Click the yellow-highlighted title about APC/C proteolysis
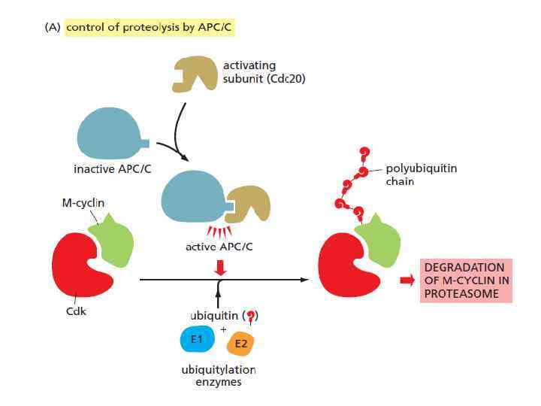153,28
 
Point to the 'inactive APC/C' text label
112,168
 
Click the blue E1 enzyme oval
198,340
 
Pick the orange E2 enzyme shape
241,344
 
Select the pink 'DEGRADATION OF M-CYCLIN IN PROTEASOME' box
466,280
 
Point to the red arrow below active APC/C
219,266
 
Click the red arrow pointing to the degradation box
407,280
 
